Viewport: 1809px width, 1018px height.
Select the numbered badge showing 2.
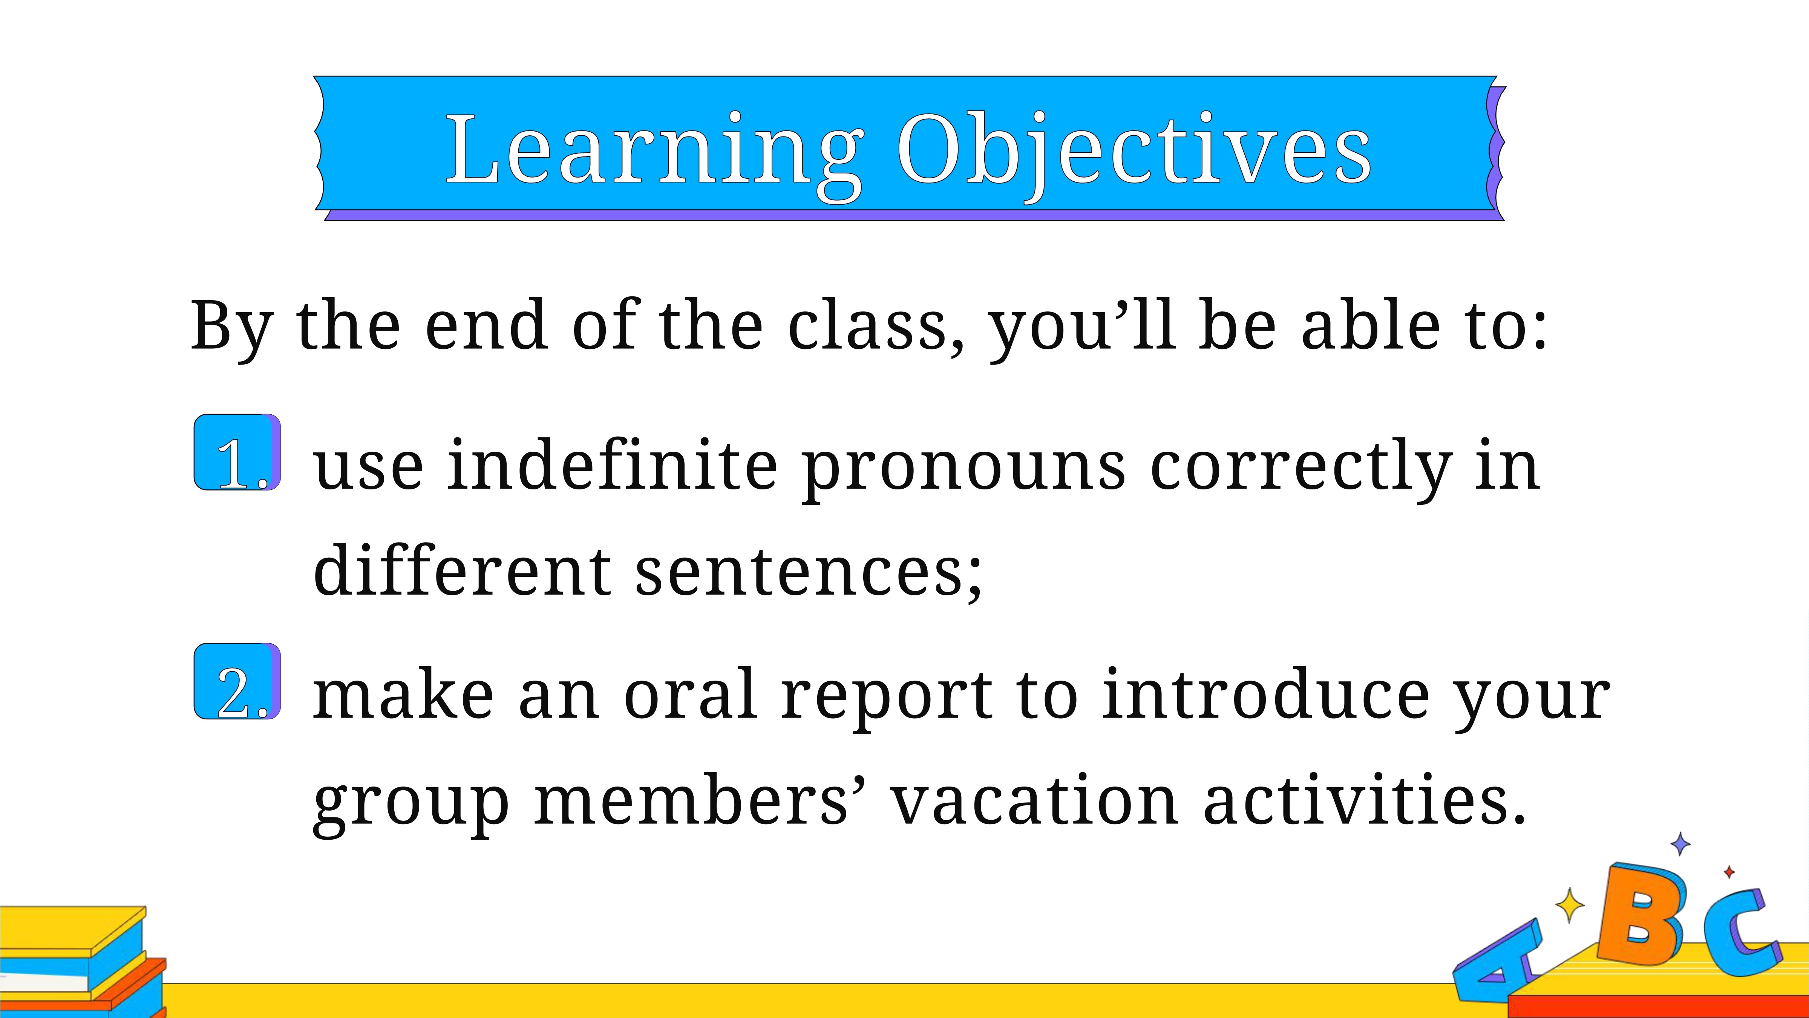237,681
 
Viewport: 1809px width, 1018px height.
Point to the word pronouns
963,472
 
